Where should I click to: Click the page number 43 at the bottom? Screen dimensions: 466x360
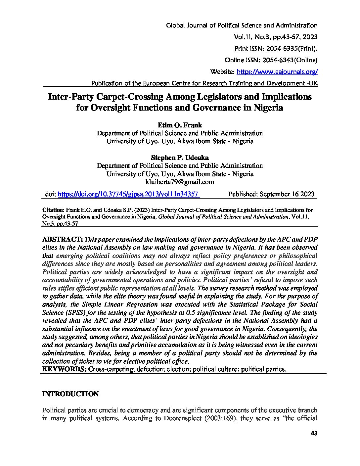[x=314, y=434]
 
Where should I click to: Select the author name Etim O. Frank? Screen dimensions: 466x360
[x=179, y=125]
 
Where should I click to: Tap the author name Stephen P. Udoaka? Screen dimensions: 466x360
[x=180, y=158]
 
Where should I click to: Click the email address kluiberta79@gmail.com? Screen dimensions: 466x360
[x=180, y=182]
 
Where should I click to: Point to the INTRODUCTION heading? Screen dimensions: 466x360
[x=70, y=394]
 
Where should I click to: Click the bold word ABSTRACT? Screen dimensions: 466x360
[x=63, y=239]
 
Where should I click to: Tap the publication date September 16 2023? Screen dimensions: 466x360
[x=287, y=194]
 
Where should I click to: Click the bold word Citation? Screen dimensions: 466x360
[x=53, y=210]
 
